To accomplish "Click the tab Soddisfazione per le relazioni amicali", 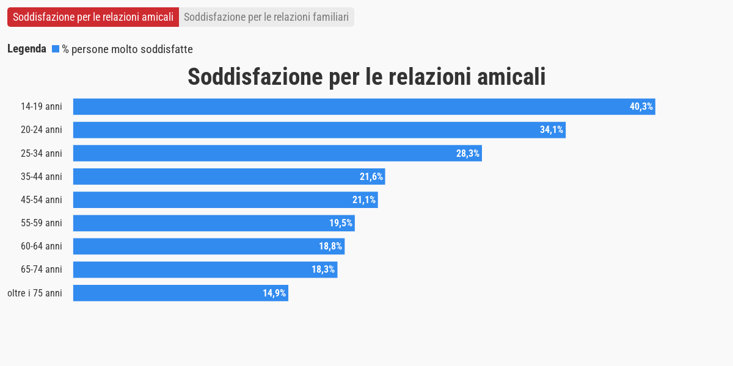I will (x=93, y=17).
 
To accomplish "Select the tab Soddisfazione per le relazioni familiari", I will (x=266, y=17).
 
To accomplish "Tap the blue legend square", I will (x=56, y=49).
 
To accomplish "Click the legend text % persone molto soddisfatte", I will (x=127, y=49).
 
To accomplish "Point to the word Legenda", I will (x=27, y=49).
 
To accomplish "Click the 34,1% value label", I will (x=552, y=130).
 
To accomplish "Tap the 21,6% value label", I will (x=371, y=177).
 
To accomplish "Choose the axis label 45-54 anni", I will (x=42, y=200).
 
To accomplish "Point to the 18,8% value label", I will (x=330, y=246).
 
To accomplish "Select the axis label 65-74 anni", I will (x=42, y=270).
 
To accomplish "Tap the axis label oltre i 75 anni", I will (x=35, y=293).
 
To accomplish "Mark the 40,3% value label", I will (x=641, y=107).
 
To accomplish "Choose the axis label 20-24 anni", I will (x=42, y=130).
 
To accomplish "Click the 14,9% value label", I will (x=274, y=293).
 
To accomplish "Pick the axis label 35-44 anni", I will (x=42, y=177).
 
